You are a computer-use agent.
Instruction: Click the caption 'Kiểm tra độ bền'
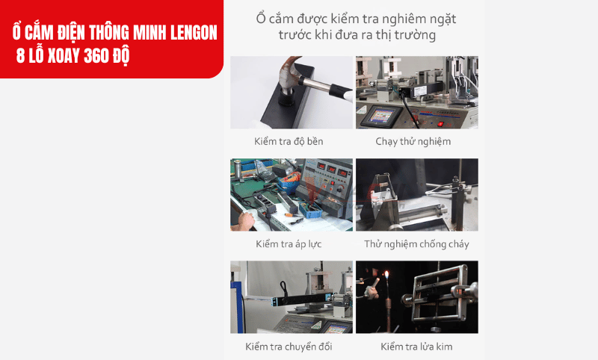289,141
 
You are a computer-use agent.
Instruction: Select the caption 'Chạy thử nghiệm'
413,141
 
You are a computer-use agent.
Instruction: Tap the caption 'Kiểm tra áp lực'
289,244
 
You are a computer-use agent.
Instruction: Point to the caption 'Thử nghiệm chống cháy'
416,244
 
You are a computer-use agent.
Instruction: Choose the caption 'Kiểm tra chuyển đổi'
289,347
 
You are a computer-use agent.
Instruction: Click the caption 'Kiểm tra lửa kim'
416,347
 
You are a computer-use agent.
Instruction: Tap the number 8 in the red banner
19,58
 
